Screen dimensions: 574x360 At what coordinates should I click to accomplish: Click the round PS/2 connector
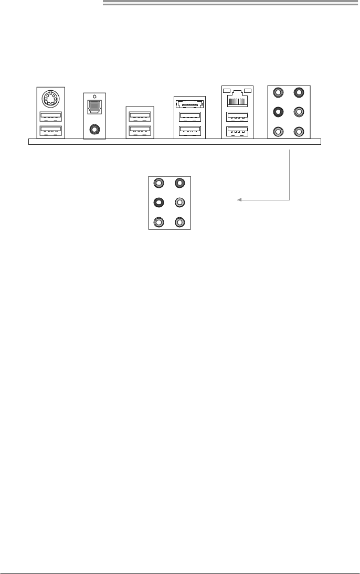coord(50,99)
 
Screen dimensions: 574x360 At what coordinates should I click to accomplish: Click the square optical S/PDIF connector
coord(95,107)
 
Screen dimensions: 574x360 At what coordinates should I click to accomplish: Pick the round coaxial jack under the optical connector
coord(95,127)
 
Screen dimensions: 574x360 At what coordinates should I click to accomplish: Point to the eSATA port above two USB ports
coord(189,103)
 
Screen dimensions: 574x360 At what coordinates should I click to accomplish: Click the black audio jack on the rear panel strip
coord(279,112)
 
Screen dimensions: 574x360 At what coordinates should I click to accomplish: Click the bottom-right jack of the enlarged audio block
coord(179,222)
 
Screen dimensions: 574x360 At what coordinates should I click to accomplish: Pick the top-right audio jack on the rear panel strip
coord(299,92)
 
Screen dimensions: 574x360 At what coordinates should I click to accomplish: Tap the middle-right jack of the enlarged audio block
coord(179,203)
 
